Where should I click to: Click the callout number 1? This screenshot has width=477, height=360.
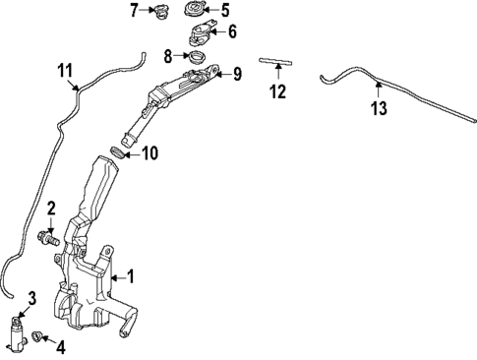[131, 276]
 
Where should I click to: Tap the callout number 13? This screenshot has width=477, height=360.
[379, 108]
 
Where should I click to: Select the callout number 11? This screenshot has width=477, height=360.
[65, 70]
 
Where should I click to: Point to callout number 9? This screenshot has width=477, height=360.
[237, 74]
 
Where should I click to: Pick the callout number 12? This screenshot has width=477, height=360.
[278, 91]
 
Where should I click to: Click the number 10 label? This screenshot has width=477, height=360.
[149, 152]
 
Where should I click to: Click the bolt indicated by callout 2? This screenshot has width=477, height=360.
[49, 239]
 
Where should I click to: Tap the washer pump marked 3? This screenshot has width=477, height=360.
[17, 334]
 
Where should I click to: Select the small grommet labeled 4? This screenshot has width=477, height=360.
[35, 335]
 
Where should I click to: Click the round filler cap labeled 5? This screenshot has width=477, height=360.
[195, 9]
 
